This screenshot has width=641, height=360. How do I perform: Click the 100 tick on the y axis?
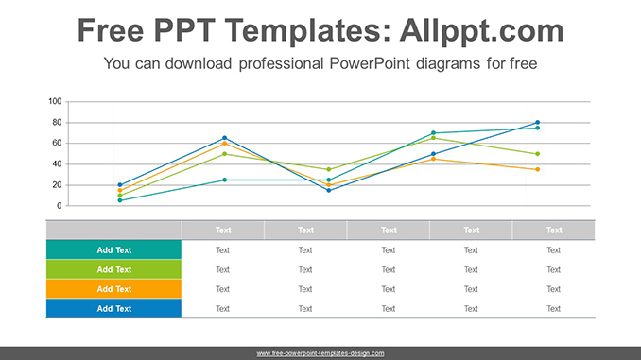[x=54, y=102]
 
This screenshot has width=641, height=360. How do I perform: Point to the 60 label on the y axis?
[x=56, y=144]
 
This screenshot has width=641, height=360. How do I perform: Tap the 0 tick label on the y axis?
[x=59, y=206]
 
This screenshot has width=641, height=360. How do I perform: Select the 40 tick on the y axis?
[x=56, y=164]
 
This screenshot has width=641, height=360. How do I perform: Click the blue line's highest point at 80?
[x=537, y=123]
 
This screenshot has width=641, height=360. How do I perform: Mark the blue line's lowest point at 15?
[x=329, y=190]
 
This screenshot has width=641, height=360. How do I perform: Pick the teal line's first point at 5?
[x=120, y=200]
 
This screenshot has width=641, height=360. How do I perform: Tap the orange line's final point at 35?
[x=537, y=169]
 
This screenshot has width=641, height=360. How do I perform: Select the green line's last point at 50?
[x=537, y=154]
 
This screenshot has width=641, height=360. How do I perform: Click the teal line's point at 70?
[x=433, y=133]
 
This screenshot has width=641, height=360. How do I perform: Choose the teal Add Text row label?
[x=113, y=250]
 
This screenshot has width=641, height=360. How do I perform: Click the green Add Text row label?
[x=113, y=269]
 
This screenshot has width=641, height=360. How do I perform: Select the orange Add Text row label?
[x=113, y=289]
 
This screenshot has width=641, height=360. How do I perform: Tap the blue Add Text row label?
[x=113, y=308]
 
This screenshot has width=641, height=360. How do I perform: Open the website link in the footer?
[x=320, y=353]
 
